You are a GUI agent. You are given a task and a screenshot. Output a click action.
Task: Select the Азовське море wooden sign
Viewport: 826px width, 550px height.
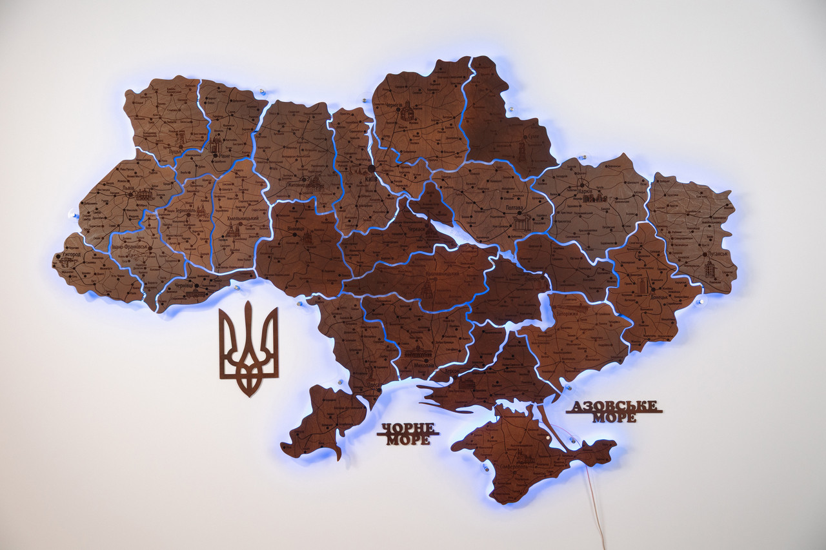(614, 411)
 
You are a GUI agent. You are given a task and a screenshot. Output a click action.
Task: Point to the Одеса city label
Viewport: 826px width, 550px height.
(373, 385)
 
